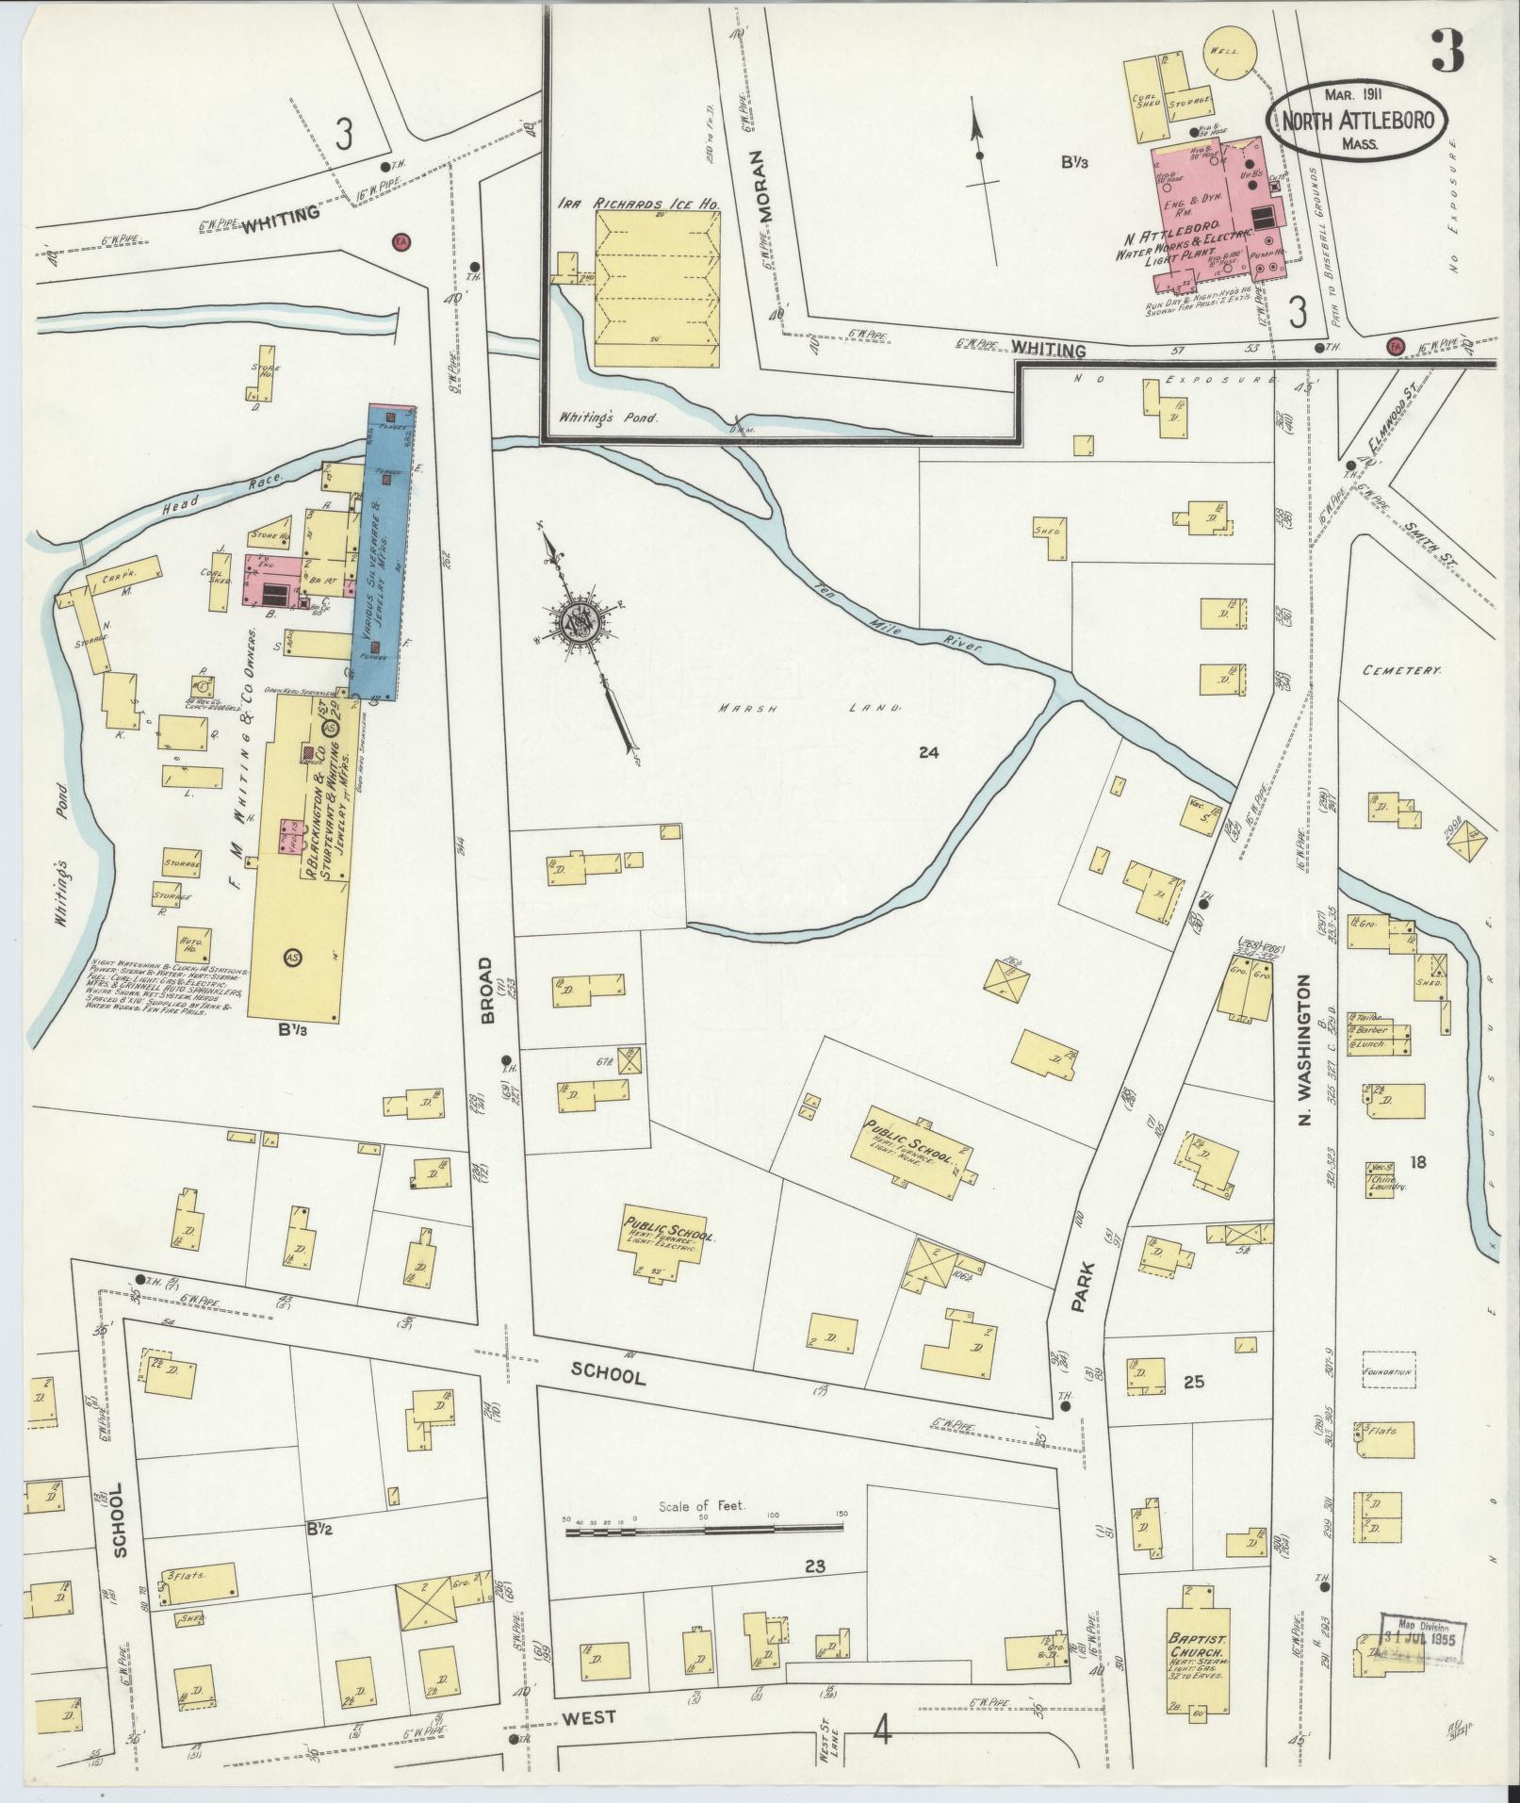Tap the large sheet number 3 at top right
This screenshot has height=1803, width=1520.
pyautogui.click(x=1446, y=51)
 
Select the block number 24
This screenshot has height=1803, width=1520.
pyautogui.click(x=930, y=752)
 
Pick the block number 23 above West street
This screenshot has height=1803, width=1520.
pyautogui.click(x=815, y=1593)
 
